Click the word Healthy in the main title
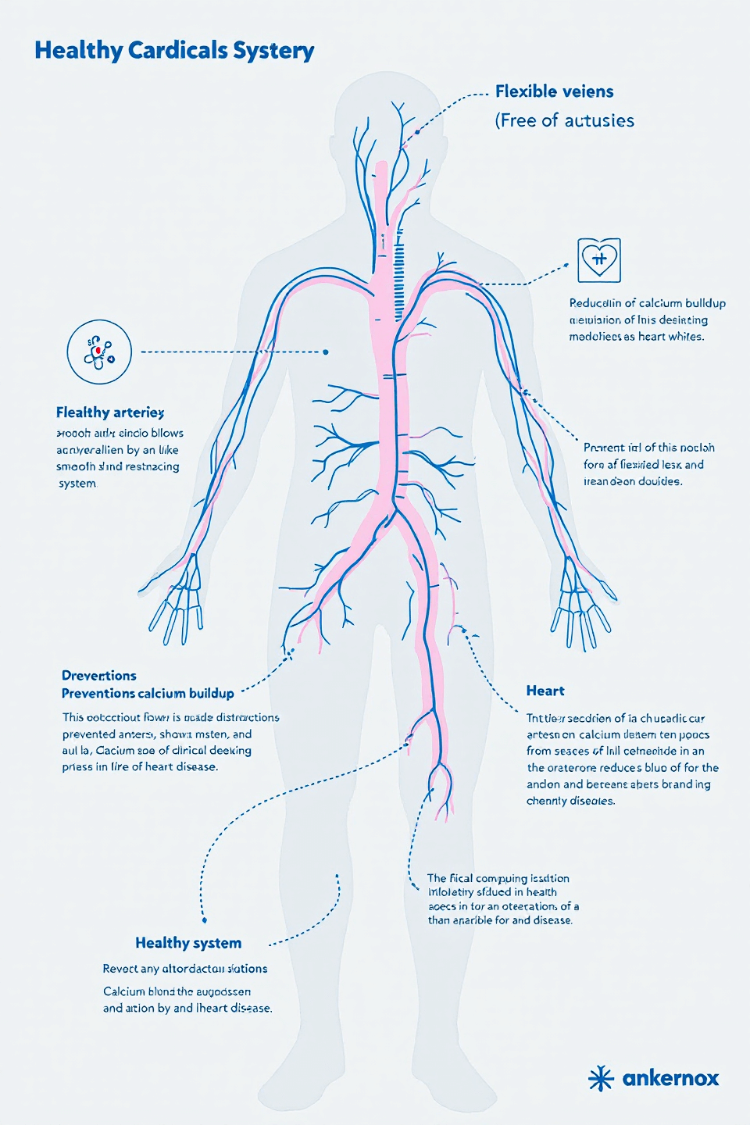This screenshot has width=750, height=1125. point(79,51)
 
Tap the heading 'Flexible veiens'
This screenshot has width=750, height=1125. point(554,92)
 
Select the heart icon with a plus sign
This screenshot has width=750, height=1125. point(599,260)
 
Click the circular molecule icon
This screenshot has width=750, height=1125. point(99,352)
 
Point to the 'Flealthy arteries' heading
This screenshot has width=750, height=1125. point(110,412)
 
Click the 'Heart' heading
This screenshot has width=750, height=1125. point(545,691)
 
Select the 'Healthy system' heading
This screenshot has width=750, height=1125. point(188,943)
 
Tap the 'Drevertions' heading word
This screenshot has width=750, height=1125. point(99,676)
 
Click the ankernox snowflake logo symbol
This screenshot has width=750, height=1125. point(601,1078)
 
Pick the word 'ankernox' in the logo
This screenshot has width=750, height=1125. point(670,1078)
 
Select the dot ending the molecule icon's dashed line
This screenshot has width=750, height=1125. point(326,352)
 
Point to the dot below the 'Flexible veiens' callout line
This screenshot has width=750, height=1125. point(417,131)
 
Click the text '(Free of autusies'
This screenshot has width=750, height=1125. point(564,120)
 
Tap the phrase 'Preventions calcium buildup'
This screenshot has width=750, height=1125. point(148,694)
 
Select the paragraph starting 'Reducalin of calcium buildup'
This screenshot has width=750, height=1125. point(647,320)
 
